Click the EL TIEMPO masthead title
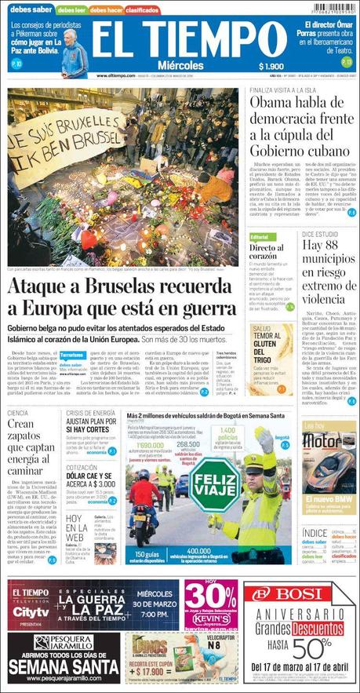pos(186,37)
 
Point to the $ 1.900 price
pos(271,67)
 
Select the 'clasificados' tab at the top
pos(142,10)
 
